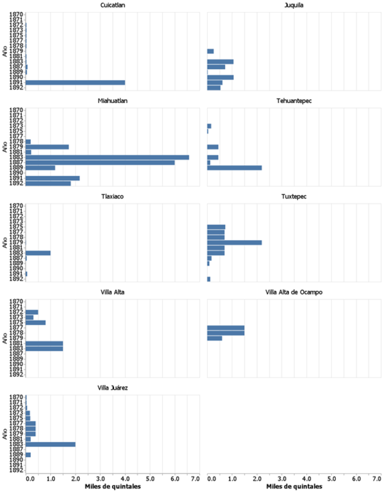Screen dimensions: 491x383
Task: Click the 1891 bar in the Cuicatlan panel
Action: point(75,82)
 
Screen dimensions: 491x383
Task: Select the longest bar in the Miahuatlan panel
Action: point(107,157)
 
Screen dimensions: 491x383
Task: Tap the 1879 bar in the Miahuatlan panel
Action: point(47,147)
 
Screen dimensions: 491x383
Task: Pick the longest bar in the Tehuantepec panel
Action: point(234,168)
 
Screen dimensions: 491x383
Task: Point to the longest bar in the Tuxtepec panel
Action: point(234,243)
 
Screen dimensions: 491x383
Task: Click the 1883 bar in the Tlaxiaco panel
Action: point(38,253)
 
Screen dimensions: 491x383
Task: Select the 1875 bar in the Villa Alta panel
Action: point(35,323)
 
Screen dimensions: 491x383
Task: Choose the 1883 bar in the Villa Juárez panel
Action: point(50,444)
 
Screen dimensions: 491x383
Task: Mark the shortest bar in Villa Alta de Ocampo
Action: point(215,338)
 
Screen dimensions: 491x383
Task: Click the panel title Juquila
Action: point(294,5)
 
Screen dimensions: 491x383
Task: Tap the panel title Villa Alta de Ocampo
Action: point(294,292)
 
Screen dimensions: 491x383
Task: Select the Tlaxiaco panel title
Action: point(112,197)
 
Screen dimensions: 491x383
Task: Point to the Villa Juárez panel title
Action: point(112,388)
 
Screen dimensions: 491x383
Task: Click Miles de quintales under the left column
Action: point(112,486)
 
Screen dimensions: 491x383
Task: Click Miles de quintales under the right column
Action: point(294,486)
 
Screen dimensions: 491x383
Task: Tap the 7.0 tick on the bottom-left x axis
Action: point(195,479)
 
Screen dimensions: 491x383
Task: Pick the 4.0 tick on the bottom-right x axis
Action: point(306,479)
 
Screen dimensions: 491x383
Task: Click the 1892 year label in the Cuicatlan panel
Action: point(16,88)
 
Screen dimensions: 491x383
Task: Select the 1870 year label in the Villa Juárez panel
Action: point(16,397)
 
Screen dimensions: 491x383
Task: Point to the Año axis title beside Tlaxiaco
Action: point(4,243)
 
